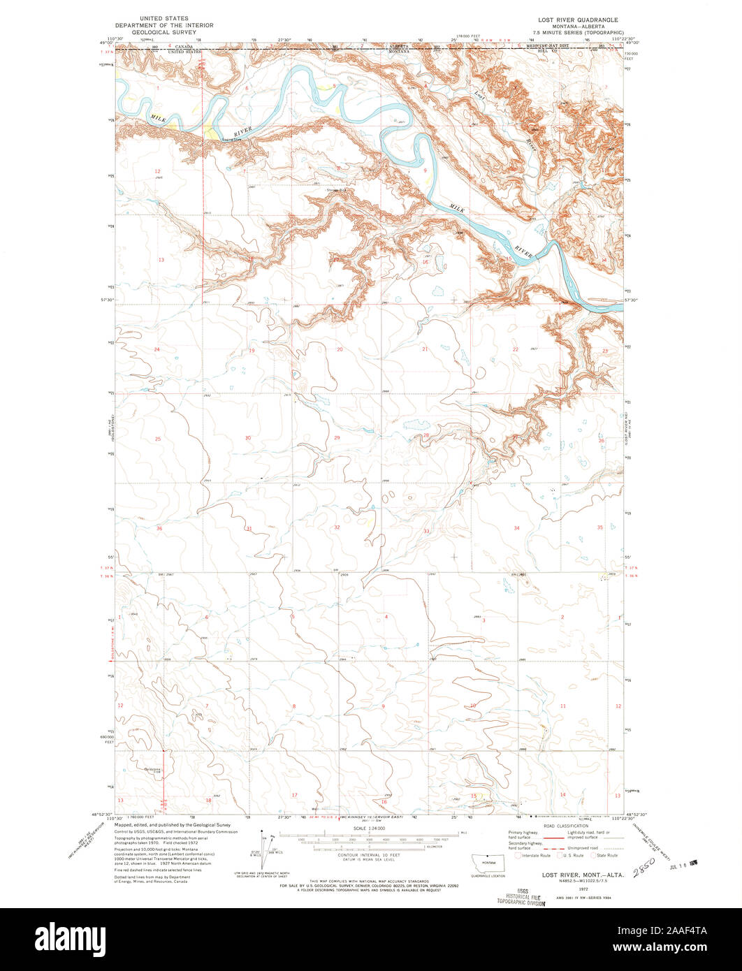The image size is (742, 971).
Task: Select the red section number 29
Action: (x=337, y=437)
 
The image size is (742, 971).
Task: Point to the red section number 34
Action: (x=516, y=528)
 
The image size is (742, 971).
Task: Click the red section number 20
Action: (x=340, y=349)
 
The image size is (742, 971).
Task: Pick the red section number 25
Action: (x=158, y=439)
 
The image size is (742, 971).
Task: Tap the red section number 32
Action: (x=337, y=527)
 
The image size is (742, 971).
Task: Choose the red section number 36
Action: (x=159, y=529)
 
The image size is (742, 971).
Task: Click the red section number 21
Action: (x=424, y=348)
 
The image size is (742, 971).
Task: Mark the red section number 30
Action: (x=247, y=438)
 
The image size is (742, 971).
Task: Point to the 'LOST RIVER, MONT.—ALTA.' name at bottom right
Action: (x=577, y=875)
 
